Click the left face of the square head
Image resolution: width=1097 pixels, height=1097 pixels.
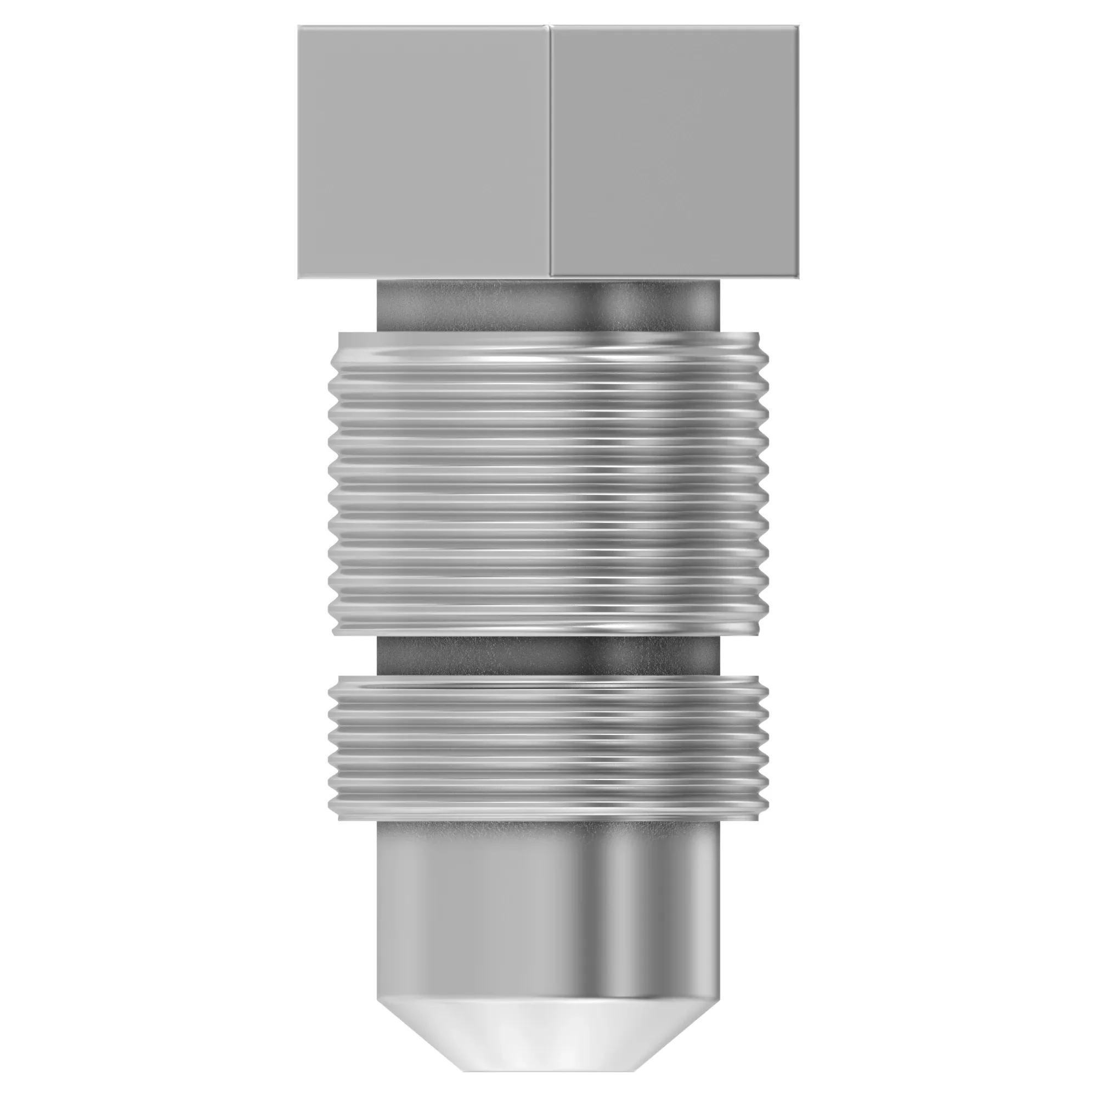click(x=423, y=152)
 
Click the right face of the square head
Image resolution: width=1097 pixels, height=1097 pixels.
click(x=675, y=152)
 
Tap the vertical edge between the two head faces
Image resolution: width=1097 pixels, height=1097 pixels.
click(x=549, y=152)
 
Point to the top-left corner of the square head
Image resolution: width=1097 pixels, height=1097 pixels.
click(x=299, y=26)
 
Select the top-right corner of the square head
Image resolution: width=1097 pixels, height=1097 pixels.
click(x=798, y=26)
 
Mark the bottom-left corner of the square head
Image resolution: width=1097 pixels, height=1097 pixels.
click(x=299, y=278)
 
